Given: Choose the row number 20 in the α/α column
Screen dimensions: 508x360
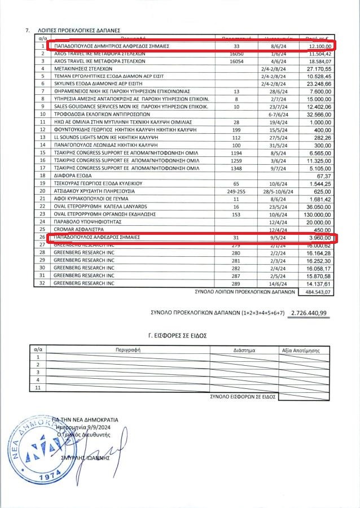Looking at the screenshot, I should [42, 191].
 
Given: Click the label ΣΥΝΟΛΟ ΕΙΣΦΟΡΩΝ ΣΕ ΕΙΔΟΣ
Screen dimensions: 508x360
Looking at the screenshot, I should [242, 397].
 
